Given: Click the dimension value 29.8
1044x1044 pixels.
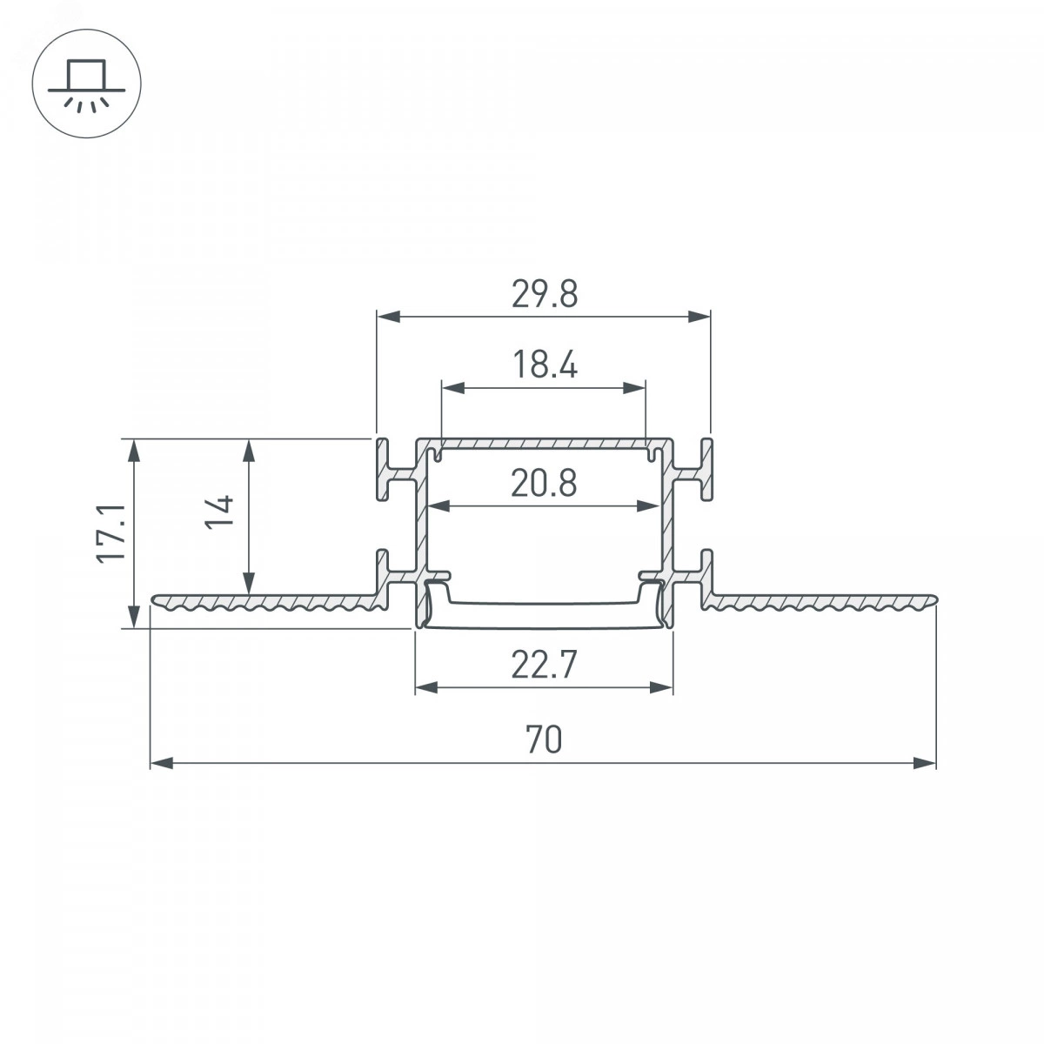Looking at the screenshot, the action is [545, 294].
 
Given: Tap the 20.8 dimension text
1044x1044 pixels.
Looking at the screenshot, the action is [544, 483].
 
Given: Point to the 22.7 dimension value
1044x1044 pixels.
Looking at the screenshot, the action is [544, 665].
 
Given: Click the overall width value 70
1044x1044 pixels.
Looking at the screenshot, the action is [544, 739].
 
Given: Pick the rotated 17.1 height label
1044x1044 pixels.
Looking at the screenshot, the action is [111, 533].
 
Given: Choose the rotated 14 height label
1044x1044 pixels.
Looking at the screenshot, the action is [219, 512].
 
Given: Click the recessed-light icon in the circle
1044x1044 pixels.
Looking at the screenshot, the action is [87, 85].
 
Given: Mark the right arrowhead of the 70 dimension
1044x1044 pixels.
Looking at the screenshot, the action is [924, 763].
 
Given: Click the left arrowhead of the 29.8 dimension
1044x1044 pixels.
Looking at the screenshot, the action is [388, 317].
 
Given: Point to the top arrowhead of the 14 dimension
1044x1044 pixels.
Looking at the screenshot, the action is [249, 450].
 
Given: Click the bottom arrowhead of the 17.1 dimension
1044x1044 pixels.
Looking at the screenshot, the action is [134, 617].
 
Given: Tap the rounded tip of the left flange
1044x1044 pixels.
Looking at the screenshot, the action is [154, 599].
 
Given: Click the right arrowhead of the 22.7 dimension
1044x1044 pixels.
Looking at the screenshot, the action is [661, 688].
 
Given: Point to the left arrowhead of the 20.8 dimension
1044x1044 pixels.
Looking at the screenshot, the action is [439, 506].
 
